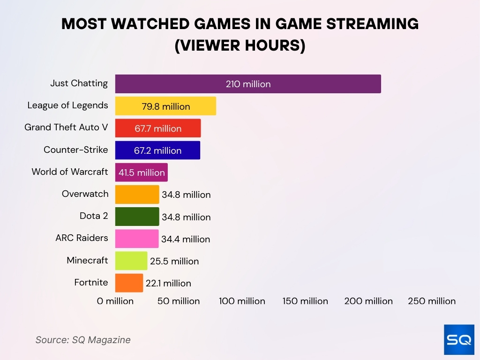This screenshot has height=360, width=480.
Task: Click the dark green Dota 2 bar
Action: coord(137,217)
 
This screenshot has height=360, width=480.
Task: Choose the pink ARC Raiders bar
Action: coord(136,239)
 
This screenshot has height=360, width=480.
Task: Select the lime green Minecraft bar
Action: coord(131,261)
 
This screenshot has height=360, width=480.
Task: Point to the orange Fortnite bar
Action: coord(128,283)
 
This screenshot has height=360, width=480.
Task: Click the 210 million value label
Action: coord(248,84)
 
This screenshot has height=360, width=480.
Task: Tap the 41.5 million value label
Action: coord(142,172)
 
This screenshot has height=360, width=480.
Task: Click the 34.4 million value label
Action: coord(186,239)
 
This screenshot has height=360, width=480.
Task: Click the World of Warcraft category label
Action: coord(69,172)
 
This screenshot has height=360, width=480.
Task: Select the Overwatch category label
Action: coord(85,194)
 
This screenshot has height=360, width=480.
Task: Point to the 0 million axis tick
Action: coord(115,301)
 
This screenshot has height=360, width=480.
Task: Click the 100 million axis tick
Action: coord(242,301)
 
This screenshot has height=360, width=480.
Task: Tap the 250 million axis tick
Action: coord(432,301)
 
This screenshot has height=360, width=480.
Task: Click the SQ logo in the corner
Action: coord(459,339)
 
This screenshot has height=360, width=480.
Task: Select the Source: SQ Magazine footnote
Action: coord(83,340)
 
